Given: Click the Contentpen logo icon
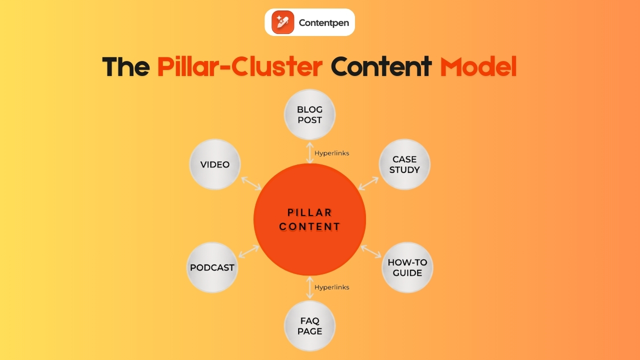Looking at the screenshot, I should (x=283, y=22).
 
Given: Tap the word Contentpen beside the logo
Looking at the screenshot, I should (x=323, y=22).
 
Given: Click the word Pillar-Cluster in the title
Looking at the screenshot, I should (x=239, y=66).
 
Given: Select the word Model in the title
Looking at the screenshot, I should (x=478, y=66).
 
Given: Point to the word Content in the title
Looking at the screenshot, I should (x=381, y=66).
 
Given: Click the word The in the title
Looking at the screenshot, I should (x=125, y=66).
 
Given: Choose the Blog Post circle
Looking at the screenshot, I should (x=310, y=115).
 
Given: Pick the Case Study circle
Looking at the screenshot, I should (x=404, y=164).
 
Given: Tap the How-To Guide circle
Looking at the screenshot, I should (x=407, y=267).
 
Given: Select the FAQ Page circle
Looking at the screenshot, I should (x=310, y=326).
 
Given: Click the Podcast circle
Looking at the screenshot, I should (x=212, y=267).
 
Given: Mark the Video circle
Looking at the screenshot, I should (x=215, y=164).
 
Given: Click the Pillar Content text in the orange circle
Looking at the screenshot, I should (x=310, y=220).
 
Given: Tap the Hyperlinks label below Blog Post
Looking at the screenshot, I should (x=332, y=153).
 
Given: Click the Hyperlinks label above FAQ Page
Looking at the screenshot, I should (x=332, y=287).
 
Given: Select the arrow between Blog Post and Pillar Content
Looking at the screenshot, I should (x=310, y=152).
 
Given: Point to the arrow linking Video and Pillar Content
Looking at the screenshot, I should (x=251, y=183).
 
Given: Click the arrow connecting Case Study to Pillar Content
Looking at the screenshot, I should (x=368, y=183).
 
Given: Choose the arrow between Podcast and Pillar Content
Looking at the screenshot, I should (x=249, y=251).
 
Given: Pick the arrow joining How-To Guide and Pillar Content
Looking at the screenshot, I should (x=371, y=251).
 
